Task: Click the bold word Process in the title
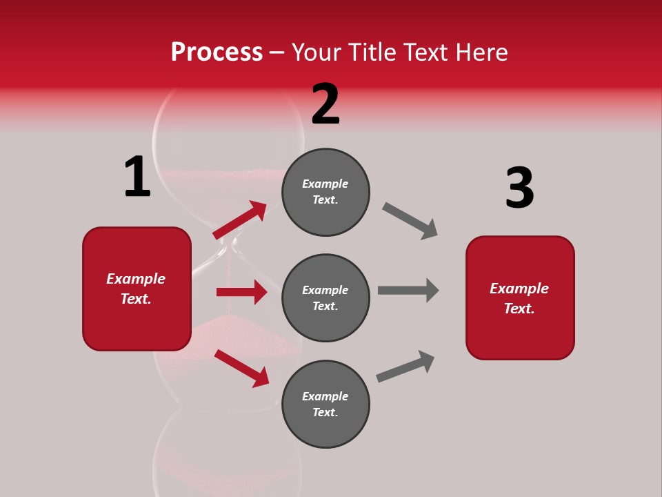(x=217, y=52)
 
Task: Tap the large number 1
(x=137, y=177)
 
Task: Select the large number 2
(x=325, y=104)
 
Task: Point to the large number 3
(x=519, y=188)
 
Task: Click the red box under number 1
(x=137, y=289)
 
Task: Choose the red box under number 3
(x=520, y=298)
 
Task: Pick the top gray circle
(x=325, y=191)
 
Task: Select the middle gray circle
(x=325, y=298)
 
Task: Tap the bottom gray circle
(x=325, y=404)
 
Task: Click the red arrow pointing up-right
(x=240, y=220)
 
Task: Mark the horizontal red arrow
(x=241, y=292)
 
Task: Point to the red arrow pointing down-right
(x=241, y=368)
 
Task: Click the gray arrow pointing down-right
(x=410, y=221)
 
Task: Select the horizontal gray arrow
(x=408, y=290)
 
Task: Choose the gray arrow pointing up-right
(x=405, y=367)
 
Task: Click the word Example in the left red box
(x=136, y=279)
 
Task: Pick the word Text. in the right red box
(x=519, y=309)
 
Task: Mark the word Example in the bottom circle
(x=325, y=396)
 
